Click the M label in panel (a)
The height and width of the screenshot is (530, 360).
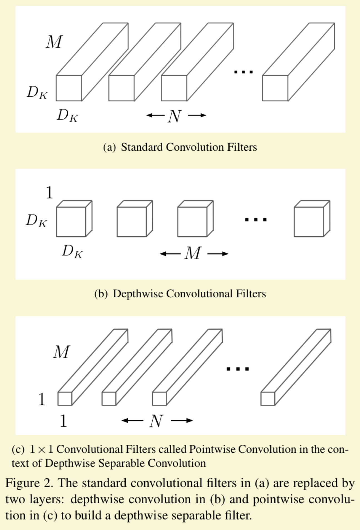54,42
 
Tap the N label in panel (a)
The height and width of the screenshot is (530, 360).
175,116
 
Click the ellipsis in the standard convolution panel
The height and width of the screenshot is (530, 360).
244,72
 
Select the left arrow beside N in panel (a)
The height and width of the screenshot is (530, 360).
155,115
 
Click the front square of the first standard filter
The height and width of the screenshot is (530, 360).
69,88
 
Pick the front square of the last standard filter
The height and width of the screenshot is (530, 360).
275,88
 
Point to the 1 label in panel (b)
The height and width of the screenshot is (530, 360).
49,192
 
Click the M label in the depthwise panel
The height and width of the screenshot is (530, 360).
192,253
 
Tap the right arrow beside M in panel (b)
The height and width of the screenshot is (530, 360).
218,253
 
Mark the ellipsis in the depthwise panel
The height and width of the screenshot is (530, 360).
256,220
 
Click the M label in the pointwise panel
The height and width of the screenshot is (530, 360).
61,352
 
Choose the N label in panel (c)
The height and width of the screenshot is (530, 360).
156,421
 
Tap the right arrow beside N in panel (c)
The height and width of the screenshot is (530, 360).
182,420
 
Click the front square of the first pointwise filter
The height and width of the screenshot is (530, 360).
65,399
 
